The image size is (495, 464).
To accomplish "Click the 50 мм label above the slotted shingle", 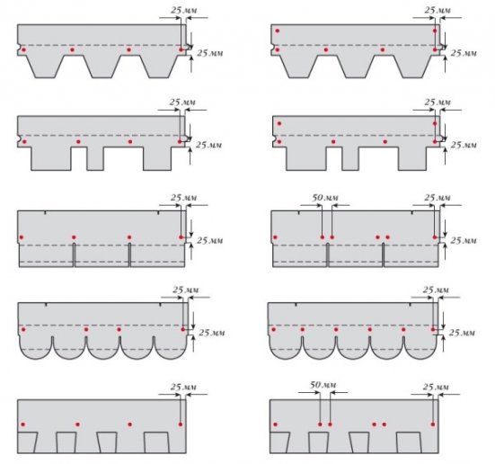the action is coord(325,198).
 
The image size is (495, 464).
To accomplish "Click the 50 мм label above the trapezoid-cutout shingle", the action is coord(323,385).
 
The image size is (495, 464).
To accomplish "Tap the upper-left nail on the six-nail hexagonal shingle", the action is coord(278,31).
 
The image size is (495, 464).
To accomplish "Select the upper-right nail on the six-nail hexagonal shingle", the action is coord(435,31).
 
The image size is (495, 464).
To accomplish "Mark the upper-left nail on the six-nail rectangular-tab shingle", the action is coord(279,123).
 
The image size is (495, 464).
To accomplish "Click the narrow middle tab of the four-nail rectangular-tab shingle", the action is coord(95,158).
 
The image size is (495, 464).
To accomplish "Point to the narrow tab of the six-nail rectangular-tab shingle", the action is coord(349,158).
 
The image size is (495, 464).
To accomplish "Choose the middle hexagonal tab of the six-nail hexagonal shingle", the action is coord(356,67).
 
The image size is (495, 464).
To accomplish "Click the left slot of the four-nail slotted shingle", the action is coord(74,254).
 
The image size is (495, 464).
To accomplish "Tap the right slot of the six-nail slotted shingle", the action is coord(384,254).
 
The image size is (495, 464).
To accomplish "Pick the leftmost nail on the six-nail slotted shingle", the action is coord(275,237).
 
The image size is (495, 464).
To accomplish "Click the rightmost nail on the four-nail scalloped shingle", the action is coord(183,329).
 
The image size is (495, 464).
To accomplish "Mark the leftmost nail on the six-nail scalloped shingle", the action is coord(273,329).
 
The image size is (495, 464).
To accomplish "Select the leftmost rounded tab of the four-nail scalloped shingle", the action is coord(36,348).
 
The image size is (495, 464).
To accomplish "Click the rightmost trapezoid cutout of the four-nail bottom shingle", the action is coord(156,442).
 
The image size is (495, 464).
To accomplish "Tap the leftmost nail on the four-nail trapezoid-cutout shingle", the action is coord(22,424).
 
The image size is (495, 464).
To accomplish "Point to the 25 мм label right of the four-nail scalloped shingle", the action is coord(212,333).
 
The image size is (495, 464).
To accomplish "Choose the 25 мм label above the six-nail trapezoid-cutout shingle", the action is coord(436,387).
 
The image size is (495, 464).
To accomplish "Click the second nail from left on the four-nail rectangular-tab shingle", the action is coord(78,141).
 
